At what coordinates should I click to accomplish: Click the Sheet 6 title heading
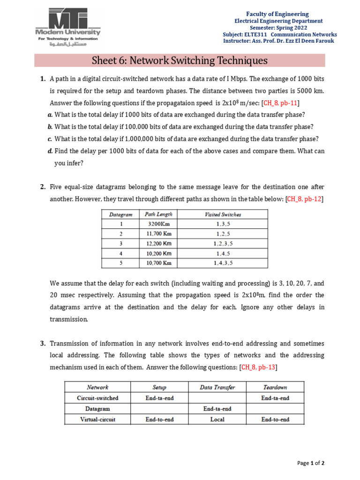180,60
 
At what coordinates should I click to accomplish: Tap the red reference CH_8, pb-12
304,199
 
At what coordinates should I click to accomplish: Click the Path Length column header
158,215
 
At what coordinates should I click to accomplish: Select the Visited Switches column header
223,215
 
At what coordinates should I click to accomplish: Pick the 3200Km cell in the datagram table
158,224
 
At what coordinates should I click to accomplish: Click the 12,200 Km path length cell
158,243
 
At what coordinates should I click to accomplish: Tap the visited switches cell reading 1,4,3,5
223,263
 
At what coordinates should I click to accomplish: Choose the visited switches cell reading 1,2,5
223,233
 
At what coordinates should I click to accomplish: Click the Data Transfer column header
217,387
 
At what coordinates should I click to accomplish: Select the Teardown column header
275,387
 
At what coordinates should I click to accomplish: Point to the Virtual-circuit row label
97,420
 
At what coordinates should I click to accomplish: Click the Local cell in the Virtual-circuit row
217,420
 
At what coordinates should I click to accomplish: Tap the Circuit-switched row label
97,398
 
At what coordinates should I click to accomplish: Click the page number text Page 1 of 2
311,463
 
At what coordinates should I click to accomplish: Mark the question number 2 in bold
42,187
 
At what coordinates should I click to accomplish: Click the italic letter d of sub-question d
50,151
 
